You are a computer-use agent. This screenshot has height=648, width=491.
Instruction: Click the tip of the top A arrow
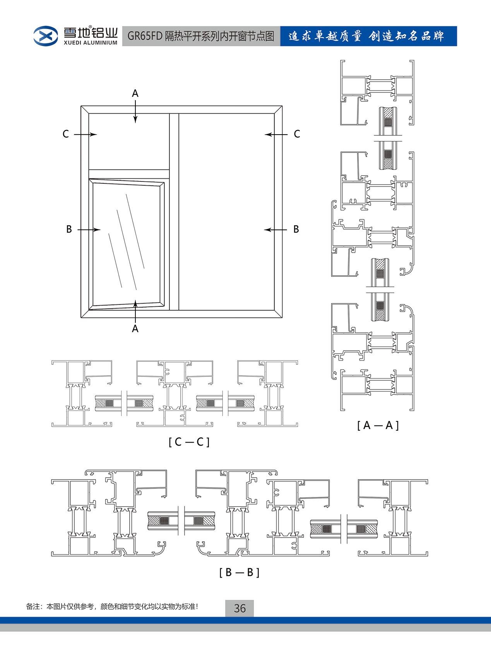(x=135, y=123)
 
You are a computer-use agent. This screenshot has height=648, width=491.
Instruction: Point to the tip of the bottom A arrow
(x=135, y=300)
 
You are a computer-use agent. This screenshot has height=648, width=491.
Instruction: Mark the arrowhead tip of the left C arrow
(x=97, y=134)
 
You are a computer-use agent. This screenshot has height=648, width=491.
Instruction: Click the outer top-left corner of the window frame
(x=81, y=106)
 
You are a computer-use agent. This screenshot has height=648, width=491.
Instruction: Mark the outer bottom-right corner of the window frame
(x=282, y=318)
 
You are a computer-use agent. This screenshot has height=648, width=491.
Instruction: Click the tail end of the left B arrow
(x=78, y=230)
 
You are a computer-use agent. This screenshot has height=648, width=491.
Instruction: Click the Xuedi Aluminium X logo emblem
(x=46, y=36)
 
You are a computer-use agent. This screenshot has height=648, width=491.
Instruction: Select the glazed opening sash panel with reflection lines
(x=127, y=244)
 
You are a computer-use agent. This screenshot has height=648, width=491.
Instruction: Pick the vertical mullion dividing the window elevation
(x=174, y=212)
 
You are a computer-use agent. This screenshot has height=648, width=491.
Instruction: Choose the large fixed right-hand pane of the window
(x=226, y=212)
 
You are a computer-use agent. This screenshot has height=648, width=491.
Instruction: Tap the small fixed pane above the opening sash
(x=129, y=142)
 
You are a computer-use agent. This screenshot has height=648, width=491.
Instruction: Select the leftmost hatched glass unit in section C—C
(x=108, y=403)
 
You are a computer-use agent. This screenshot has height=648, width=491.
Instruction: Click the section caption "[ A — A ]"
(x=378, y=426)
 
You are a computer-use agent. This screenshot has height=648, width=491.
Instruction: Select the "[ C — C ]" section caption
(x=189, y=442)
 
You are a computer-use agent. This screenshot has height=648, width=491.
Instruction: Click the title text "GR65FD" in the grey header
(x=145, y=36)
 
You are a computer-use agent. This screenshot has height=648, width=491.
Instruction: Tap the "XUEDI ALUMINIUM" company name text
(x=91, y=43)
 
